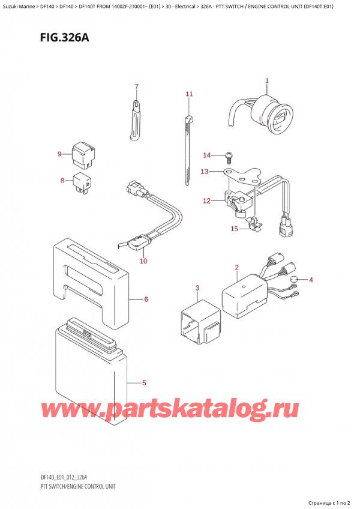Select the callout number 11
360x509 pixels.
point(189,94)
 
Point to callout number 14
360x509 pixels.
point(207,155)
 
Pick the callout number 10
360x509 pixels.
point(143,261)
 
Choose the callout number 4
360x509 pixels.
point(311,280)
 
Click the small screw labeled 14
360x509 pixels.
point(228,157)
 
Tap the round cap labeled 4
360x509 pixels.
point(295,280)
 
